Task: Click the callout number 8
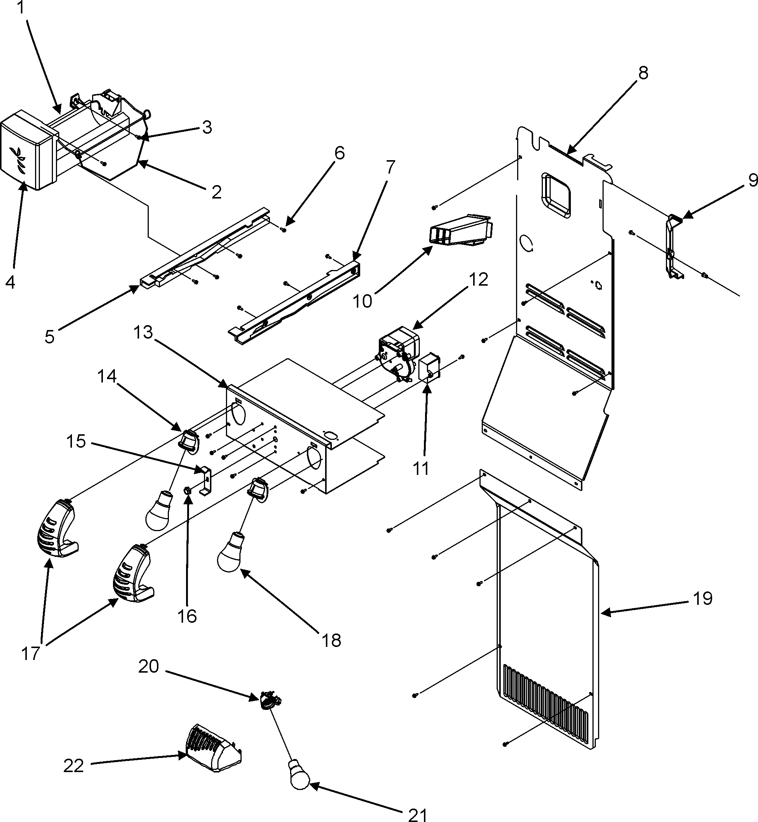(x=643, y=73)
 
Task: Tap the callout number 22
(x=74, y=766)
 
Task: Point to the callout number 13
(x=143, y=332)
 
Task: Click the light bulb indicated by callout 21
(x=299, y=774)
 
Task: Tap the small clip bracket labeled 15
(x=206, y=480)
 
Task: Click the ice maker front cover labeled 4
(x=27, y=156)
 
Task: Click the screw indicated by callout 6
(x=283, y=229)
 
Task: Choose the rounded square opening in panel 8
(x=556, y=195)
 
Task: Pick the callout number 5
(x=49, y=337)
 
